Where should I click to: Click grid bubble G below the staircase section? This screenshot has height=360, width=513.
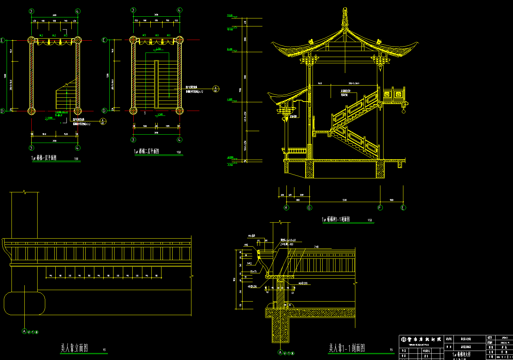(309, 208)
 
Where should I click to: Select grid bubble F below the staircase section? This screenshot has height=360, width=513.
(380, 208)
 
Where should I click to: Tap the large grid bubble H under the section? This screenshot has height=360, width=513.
(286, 208)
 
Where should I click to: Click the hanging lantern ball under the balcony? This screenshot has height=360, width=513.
(404, 111)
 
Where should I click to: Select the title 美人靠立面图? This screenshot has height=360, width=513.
(74, 347)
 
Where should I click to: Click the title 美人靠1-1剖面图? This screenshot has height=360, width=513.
(347, 347)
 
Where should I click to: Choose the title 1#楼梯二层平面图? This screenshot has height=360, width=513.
(147, 151)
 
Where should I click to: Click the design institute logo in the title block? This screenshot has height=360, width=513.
(404, 339)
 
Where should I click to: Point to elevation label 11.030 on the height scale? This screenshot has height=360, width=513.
(230, 15)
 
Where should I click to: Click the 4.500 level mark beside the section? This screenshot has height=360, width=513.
(230, 99)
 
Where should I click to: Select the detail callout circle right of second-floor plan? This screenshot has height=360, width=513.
(216, 89)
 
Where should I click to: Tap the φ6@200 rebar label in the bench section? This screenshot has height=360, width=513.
(302, 283)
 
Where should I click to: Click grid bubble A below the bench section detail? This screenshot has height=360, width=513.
(281, 352)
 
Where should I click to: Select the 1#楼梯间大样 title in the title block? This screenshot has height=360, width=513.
(461, 354)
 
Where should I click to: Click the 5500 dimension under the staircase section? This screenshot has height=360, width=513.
(345, 200)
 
